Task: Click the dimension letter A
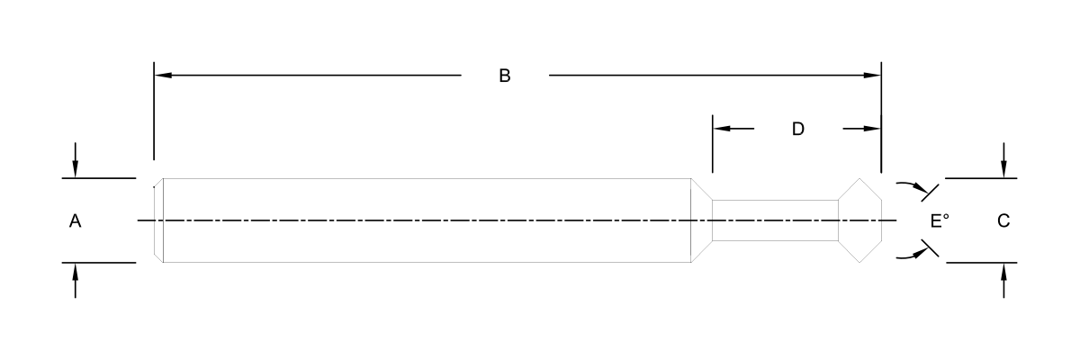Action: (x=76, y=220)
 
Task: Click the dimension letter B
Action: (x=505, y=76)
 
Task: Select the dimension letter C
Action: (x=1003, y=220)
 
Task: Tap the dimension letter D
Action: (x=797, y=129)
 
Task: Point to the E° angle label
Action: (x=940, y=220)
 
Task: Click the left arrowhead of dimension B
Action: (x=162, y=76)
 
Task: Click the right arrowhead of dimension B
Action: (x=873, y=76)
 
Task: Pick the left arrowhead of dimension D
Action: (x=720, y=129)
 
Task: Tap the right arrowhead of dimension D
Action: (x=872, y=129)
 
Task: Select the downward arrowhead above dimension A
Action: (x=76, y=170)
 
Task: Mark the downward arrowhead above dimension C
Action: (x=1003, y=170)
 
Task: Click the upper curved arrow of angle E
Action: (x=916, y=187)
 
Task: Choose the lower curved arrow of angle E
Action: (x=916, y=255)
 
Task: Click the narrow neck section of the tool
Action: (x=774, y=220)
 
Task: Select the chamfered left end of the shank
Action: (x=158, y=220)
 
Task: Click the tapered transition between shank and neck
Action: (x=701, y=220)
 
